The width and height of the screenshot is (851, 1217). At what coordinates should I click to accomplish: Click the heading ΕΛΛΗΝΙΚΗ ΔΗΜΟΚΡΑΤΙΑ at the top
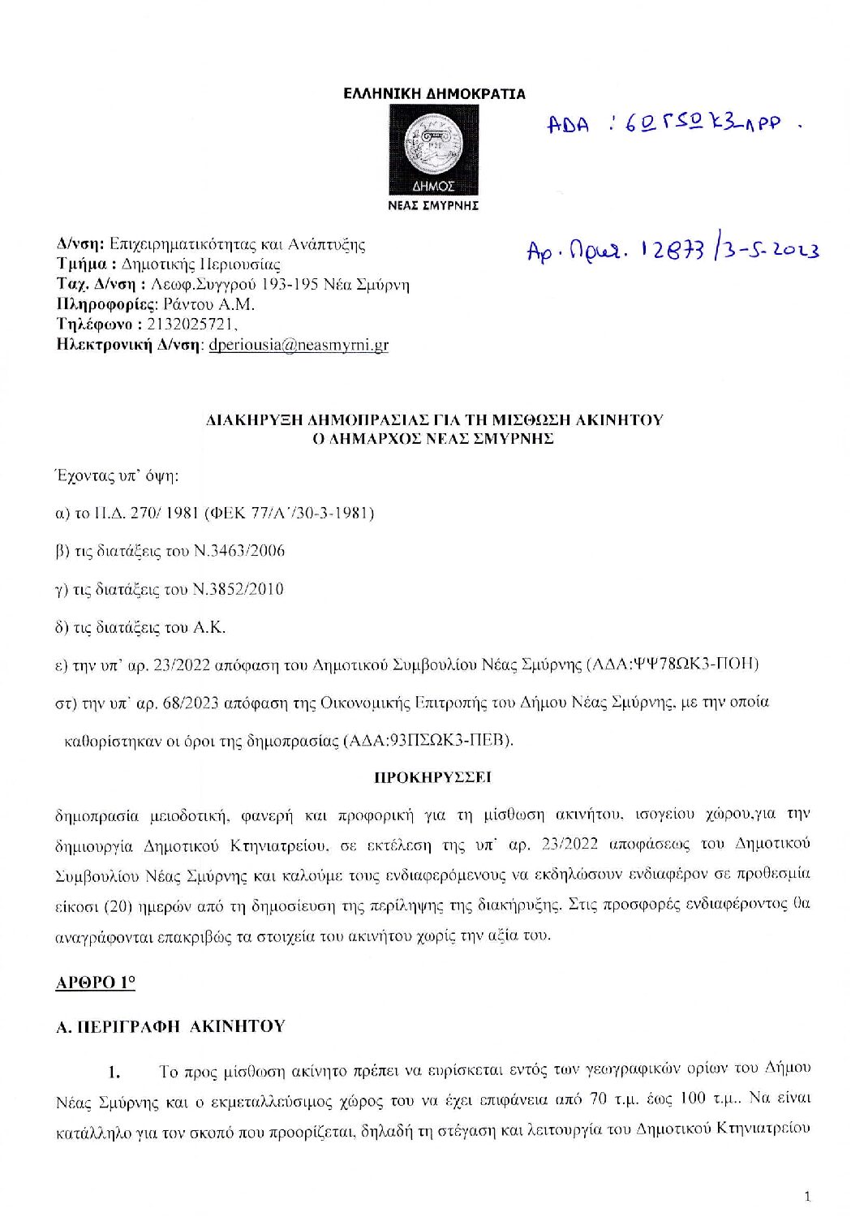point(434,94)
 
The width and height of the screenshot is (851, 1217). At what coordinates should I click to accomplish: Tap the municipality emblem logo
point(433,149)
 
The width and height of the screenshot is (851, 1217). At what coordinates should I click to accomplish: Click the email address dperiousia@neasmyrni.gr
point(299,344)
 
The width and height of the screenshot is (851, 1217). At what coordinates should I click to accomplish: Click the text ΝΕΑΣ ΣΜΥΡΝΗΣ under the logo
point(433,206)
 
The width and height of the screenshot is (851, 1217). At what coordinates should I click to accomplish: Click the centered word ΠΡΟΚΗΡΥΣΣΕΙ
point(433,777)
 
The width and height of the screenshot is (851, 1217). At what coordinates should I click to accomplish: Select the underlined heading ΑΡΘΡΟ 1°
point(95,983)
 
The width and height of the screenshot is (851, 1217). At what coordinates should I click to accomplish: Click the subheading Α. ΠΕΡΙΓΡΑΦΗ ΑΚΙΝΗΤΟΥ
point(170,1026)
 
